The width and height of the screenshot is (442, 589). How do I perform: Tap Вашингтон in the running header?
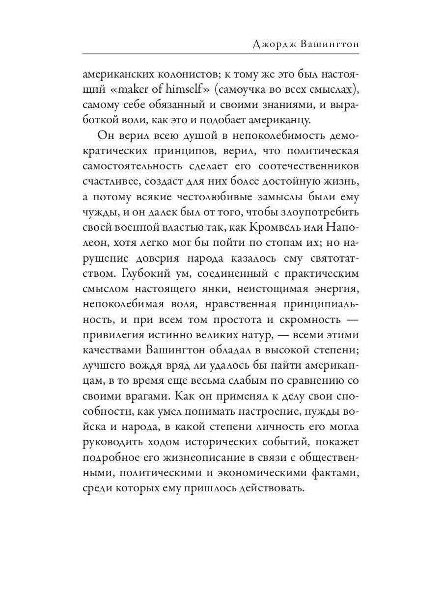[x=331, y=44]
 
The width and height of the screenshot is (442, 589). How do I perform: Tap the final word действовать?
[x=265, y=490]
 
